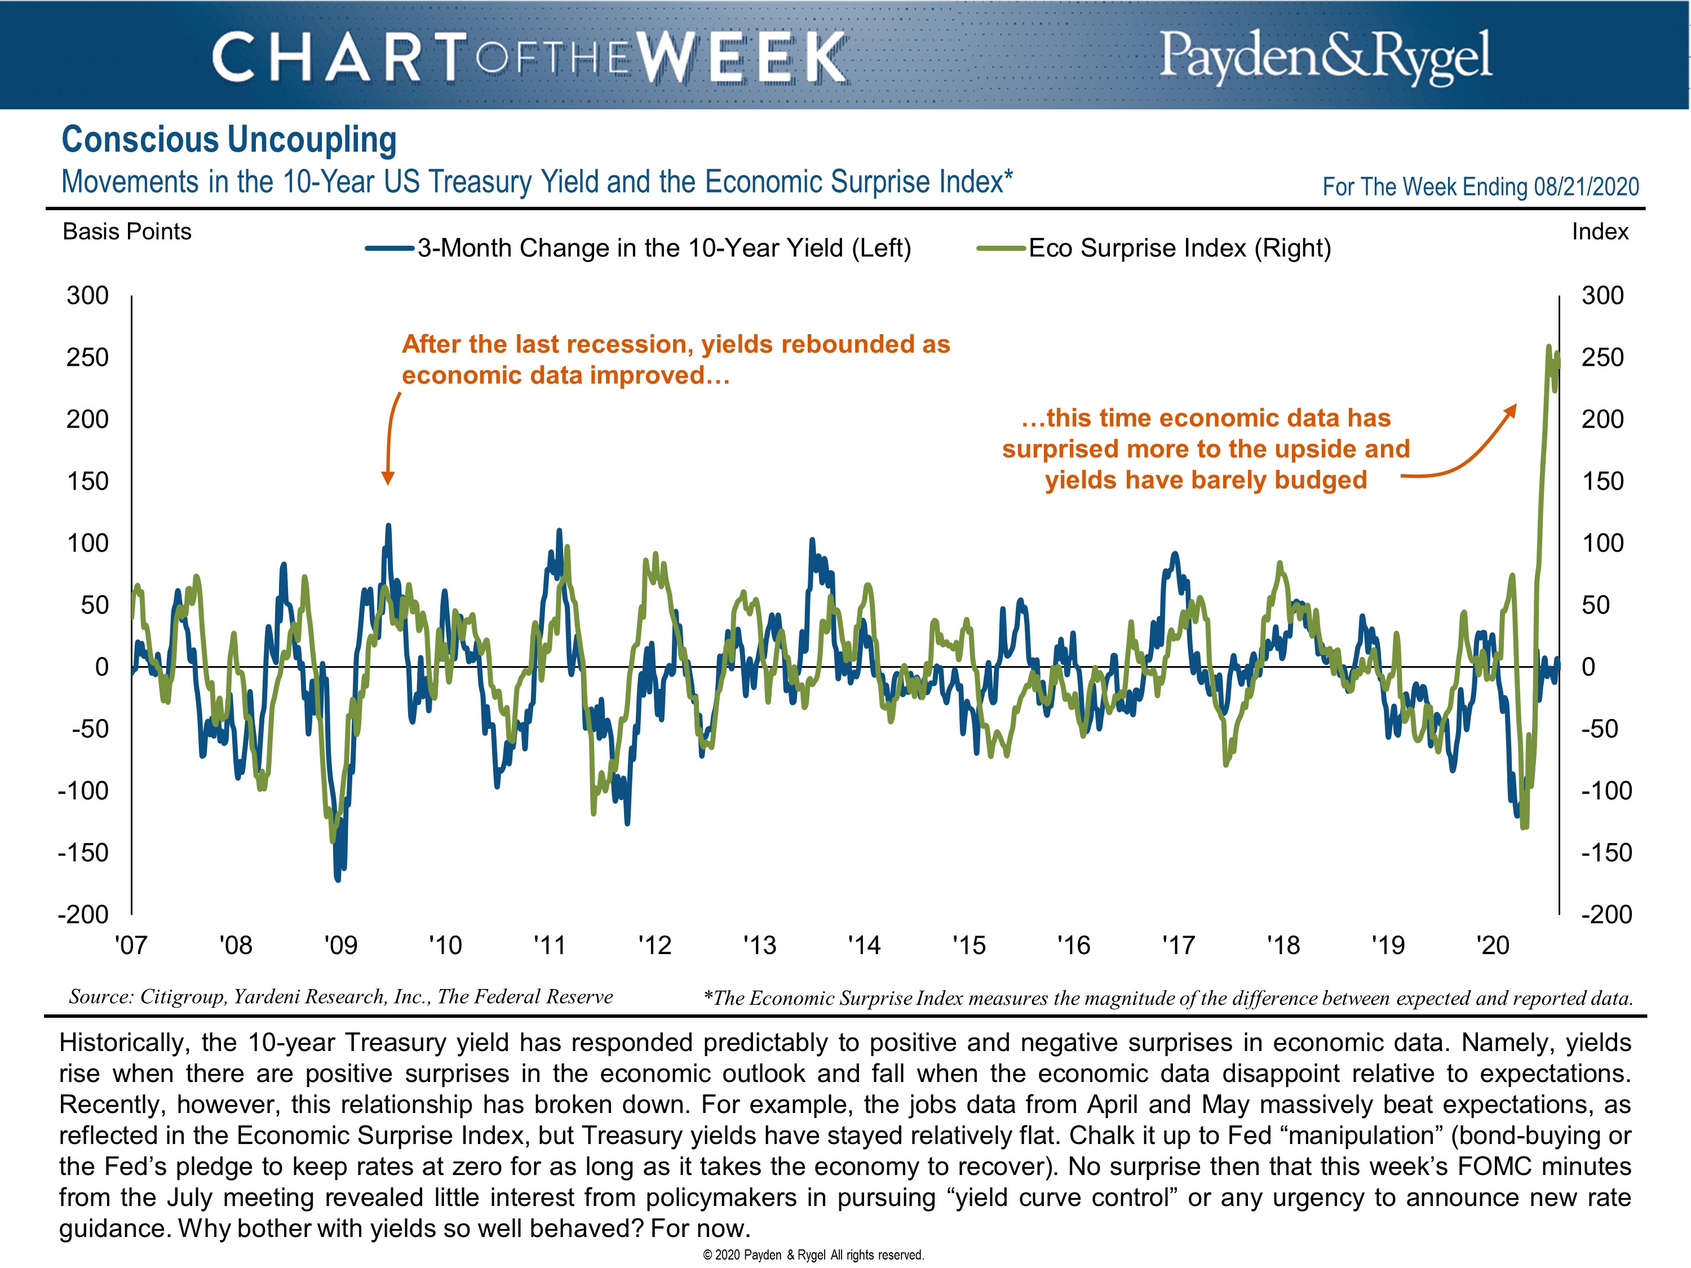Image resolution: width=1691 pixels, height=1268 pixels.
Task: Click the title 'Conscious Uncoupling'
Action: coord(229,140)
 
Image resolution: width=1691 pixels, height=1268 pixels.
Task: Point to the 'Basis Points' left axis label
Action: coord(127,232)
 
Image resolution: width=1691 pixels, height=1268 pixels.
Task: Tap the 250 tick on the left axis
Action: coord(87,357)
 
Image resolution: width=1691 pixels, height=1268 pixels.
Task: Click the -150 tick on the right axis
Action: coord(1605,852)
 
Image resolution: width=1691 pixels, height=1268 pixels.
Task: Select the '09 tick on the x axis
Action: coord(340,946)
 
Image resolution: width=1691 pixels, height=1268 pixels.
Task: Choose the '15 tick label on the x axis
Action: coord(968,946)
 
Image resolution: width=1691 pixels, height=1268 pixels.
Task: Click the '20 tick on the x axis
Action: coord(1492,946)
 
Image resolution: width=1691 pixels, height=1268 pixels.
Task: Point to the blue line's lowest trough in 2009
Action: coord(338,879)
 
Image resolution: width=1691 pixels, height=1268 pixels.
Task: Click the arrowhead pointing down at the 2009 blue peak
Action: coord(388,478)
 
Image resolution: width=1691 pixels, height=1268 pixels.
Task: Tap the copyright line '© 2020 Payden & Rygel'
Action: coord(813,1254)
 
